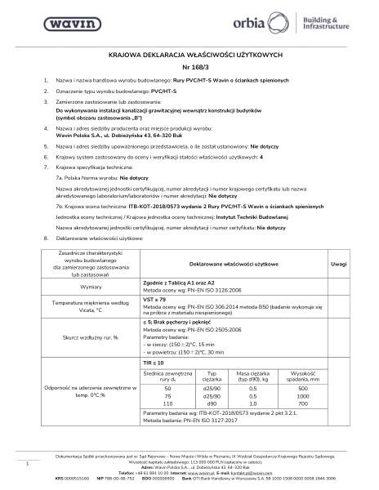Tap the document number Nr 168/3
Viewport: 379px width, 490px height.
(189, 66)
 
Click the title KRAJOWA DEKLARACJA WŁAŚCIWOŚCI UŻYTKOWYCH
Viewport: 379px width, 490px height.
(189, 53)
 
